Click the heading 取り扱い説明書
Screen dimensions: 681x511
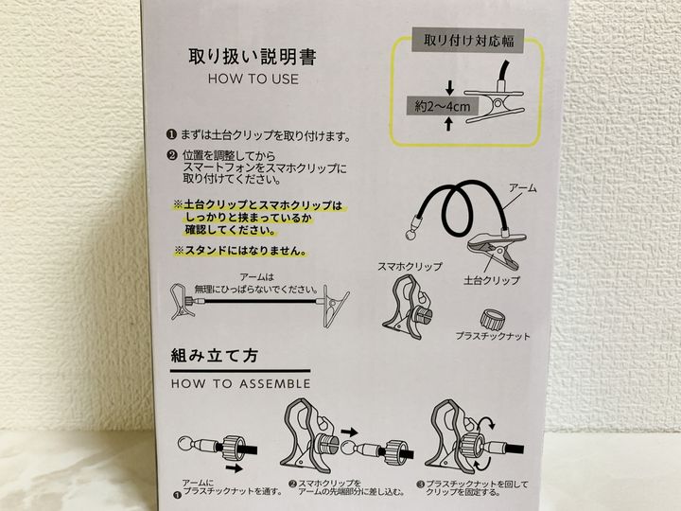point(253,58)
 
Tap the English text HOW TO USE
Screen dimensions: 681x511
point(253,79)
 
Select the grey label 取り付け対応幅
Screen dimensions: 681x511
point(468,41)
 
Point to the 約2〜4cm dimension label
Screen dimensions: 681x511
point(442,106)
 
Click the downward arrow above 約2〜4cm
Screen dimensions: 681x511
point(450,88)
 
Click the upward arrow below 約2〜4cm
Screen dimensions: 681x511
point(449,124)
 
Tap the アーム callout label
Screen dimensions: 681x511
point(522,188)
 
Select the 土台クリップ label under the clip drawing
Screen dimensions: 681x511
point(492,280)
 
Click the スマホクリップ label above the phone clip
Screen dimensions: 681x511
point(410,266)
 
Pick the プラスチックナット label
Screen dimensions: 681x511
point(493,336)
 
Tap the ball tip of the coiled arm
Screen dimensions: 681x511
point(410,235)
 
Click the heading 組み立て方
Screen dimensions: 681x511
point(215,357)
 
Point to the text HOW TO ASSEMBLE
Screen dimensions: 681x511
point(240,383)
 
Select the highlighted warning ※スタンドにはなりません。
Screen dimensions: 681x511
point(240,251)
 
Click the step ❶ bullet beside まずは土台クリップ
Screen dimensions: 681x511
point(172,134)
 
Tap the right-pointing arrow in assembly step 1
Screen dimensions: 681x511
point(235,468)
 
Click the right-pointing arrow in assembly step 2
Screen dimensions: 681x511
point(349,432)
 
